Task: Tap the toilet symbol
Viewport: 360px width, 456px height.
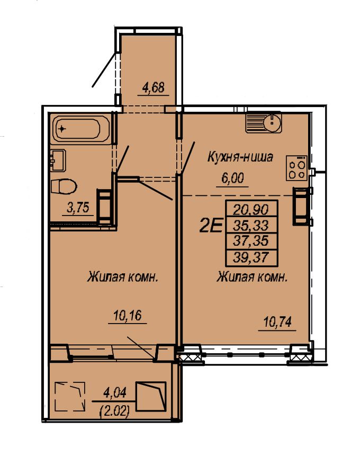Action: pos(64,186)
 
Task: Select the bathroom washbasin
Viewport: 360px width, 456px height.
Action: pos(58,160)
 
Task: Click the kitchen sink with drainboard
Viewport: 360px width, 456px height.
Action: pos(264,123)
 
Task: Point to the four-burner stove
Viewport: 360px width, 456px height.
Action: pos(296,168)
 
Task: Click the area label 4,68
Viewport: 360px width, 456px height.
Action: pos(153,87)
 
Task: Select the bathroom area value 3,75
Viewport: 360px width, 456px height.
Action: pos(78,208)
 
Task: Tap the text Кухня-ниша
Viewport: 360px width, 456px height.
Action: pos(240,157)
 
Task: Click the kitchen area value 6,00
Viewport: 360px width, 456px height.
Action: pos(232,178)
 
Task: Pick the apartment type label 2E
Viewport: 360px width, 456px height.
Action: pos(211,226)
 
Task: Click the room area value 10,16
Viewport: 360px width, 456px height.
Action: pos(128,316)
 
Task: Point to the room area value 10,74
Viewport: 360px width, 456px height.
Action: pos(277,322)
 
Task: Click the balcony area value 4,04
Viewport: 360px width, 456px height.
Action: pos(115,393)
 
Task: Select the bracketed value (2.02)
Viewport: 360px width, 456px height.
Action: pos(114,411)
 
